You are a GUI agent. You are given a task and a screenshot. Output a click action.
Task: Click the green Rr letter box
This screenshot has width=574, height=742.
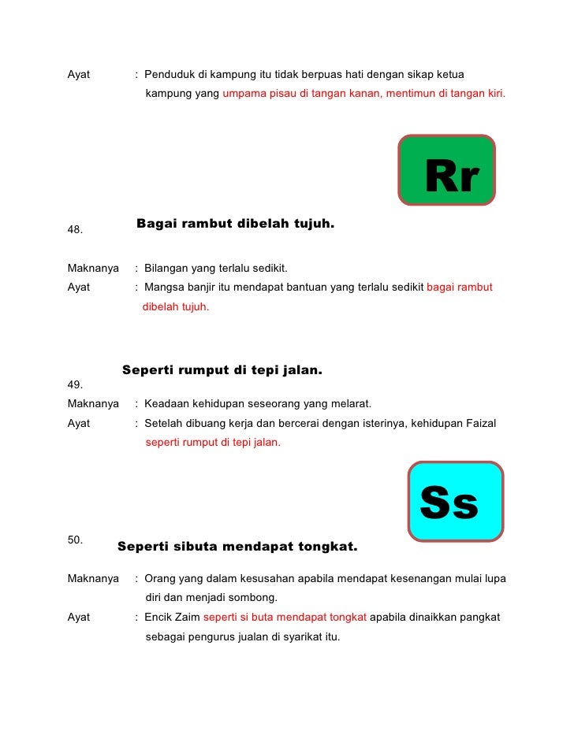pos(447,169)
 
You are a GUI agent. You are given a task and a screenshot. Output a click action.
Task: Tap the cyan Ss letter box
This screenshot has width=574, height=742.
pos(456,501)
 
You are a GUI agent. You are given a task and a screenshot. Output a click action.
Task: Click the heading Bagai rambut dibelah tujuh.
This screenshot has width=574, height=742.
pos(235,224)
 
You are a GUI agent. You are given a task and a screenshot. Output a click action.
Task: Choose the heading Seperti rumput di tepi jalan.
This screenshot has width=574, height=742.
pos(222,370)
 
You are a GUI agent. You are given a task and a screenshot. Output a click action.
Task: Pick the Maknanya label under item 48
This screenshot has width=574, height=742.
pos(93,267)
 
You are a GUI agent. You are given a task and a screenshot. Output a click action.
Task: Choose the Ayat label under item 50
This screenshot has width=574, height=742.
pos(79,617)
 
